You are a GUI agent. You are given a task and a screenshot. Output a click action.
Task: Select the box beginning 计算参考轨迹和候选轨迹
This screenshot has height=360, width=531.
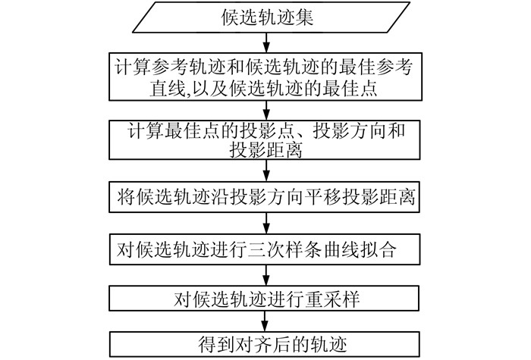click(x=265, y=77)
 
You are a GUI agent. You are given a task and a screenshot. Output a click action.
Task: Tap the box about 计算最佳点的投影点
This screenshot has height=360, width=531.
click(x=265, y=139)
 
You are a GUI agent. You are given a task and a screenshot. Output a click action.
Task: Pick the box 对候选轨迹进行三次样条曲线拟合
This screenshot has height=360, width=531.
click(x=265, y=249)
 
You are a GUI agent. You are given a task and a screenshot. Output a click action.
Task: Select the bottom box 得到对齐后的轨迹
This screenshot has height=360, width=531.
click(x=265, y=343)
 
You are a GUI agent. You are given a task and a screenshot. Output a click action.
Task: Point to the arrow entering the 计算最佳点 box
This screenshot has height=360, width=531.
click(x=265, y=111)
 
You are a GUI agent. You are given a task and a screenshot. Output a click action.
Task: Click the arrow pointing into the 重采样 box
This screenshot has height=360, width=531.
click(x=265, y=274)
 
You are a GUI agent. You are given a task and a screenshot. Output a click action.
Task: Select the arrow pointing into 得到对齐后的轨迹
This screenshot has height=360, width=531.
click(x=265, y=321)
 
